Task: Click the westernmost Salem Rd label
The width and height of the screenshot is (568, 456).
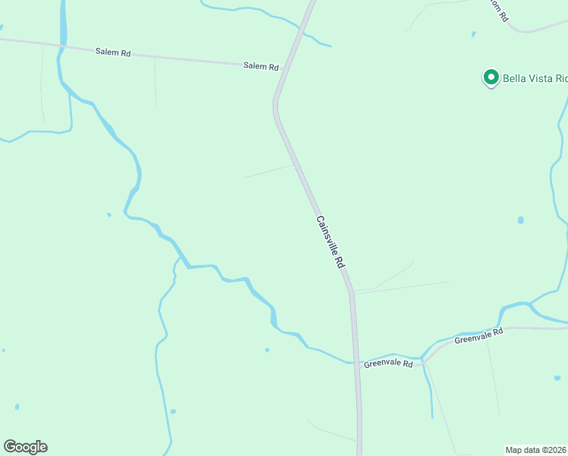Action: point(113,52)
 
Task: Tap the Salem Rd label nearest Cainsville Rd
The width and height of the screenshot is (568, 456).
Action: point(260,66)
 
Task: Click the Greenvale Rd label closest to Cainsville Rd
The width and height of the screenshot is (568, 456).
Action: point(387,364)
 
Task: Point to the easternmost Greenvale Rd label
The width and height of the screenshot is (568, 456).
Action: point(478,336)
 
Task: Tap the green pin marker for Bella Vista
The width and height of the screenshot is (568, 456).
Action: point(491,78)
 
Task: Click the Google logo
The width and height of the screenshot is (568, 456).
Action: point(25,447)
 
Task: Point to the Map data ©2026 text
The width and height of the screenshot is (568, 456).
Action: point(536,450)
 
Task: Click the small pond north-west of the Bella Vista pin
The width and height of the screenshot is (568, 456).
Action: point(473,34)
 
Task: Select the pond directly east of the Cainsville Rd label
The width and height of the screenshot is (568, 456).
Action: point(520,220)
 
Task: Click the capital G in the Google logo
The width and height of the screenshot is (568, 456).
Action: point(10,447)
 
